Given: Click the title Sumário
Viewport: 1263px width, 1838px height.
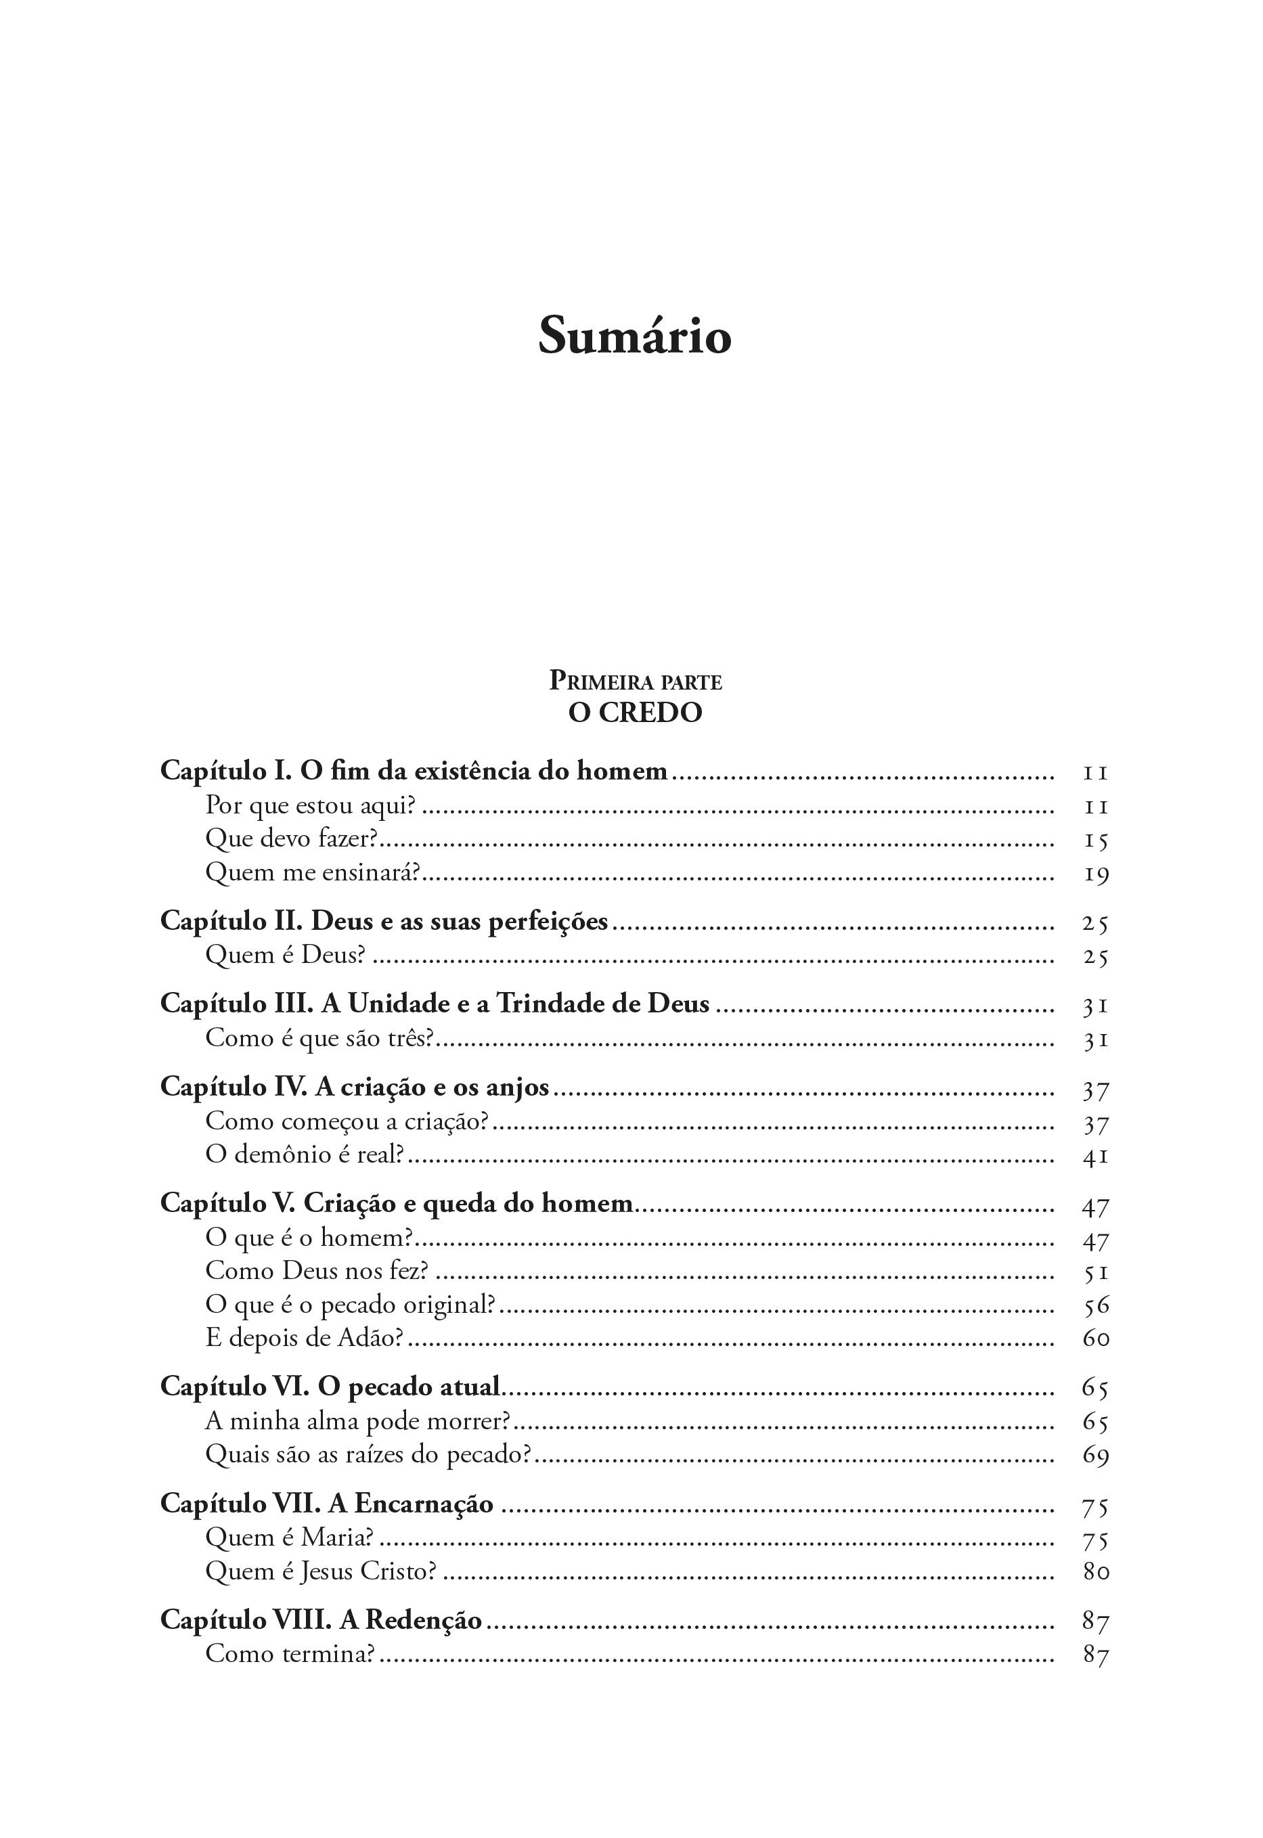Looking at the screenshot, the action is coord(634,336).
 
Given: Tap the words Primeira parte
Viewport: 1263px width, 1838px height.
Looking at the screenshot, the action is coord(635,681).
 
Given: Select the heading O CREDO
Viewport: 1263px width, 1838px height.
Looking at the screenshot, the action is coord(635,713).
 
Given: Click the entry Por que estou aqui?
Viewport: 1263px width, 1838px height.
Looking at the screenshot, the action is coord(310,805).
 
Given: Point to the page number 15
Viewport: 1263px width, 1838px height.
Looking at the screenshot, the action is coord(1096,840).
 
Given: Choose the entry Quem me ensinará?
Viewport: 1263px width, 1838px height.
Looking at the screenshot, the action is coord(312,873).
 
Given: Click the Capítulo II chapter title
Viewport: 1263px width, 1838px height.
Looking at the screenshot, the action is coord(384,921).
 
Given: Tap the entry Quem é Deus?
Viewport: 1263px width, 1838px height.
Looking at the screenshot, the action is coord(285,955).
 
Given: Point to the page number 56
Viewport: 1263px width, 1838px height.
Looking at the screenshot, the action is coord(1096,1305).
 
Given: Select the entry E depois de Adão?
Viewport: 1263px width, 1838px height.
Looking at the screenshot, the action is coord(305,1338).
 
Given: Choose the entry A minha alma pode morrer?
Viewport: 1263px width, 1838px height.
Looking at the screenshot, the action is coord(357,1422).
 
